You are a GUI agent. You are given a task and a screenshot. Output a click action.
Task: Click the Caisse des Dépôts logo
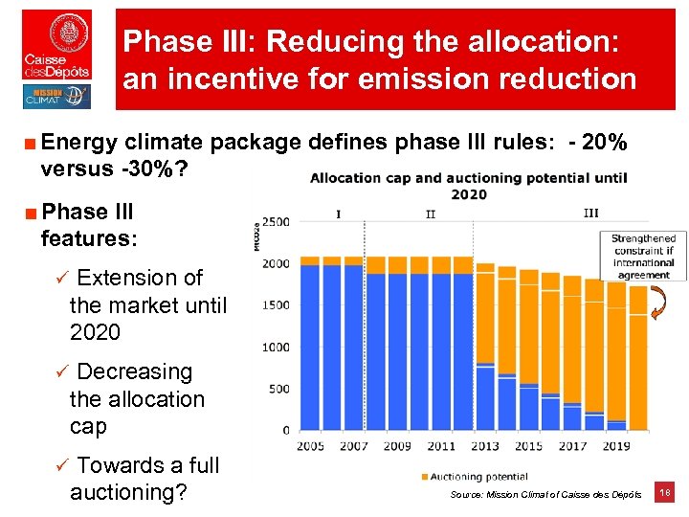click(x=57, y=45)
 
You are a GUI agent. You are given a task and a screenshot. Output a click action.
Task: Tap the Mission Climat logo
click(x=57, y=97)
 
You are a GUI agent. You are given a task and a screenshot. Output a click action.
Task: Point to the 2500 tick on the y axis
click(x=276, y=222)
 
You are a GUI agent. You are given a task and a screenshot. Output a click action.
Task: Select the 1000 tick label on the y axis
click(x=276, y=347)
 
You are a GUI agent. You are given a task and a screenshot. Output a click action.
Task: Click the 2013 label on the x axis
click(x=485, y=446)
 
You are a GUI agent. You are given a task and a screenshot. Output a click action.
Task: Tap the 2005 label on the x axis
click(x=311, y=446)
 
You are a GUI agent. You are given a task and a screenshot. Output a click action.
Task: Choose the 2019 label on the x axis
click(x=616, y=446)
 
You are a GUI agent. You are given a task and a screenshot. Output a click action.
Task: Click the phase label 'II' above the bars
click(x=431, y=214)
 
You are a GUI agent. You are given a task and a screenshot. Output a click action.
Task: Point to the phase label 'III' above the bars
click(x=590, y=213)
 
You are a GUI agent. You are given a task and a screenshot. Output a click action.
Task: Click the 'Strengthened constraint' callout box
click(x=643, y=256)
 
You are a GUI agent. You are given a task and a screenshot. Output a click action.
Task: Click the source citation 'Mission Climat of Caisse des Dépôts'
click(x=545, y=494)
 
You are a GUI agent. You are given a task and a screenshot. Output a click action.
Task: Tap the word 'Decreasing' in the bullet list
click(x=134, y=371)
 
